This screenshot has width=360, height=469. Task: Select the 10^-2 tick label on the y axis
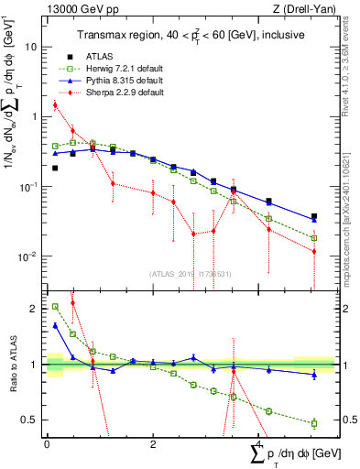(x=28, y=256)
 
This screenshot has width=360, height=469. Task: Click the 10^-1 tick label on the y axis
(x=28, y=187)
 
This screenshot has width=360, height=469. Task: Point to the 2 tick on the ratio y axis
(x=34, y=310)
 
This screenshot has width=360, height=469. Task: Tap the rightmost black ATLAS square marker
(x=314, y=217)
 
